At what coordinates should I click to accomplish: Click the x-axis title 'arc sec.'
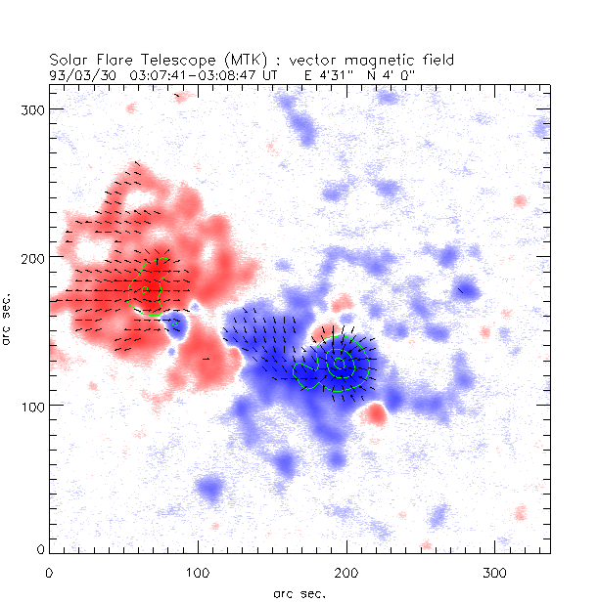pyautogui.click(x=299, y=592)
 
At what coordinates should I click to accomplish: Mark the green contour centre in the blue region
pyautogui.click(x=340, y=363)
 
